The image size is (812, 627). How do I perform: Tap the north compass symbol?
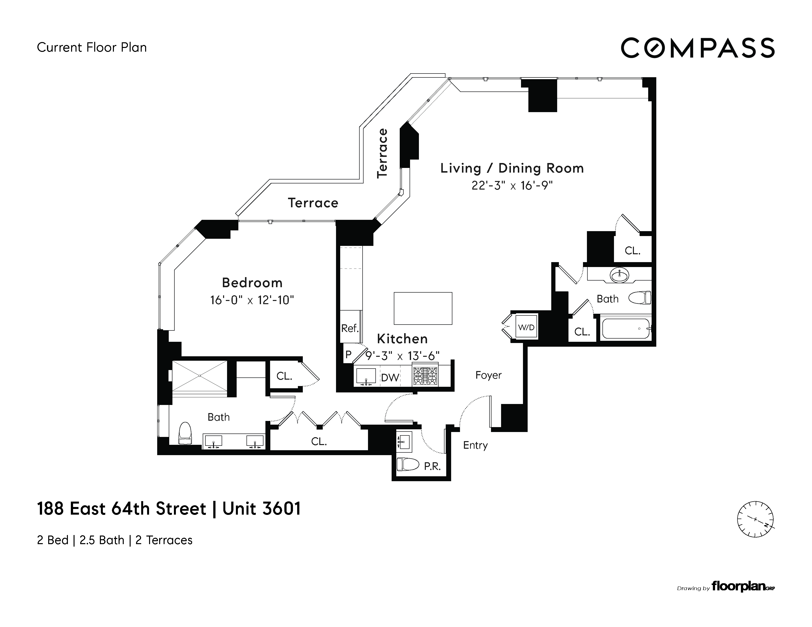coord(755,519)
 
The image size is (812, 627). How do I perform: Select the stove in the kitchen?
coord(425,375)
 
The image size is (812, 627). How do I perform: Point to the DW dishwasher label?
coord(390,378)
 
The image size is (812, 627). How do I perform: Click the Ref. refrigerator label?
coord(350,328)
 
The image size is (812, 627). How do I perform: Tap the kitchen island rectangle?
coord(423,308)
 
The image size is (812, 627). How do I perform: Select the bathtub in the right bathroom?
coord(626,328)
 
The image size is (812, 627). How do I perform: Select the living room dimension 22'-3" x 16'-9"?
coord(512,185)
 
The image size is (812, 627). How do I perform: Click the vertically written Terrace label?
coord(382,153)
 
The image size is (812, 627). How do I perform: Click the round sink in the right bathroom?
coord(619,275)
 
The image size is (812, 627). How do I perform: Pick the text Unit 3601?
coord(261,508)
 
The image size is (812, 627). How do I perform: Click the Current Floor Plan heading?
coord(92,47)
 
